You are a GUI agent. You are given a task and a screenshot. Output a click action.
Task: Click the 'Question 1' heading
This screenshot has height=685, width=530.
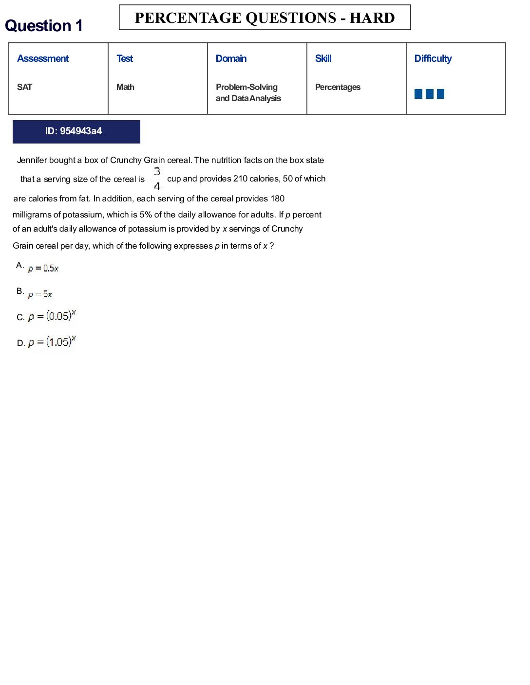coord(44,26)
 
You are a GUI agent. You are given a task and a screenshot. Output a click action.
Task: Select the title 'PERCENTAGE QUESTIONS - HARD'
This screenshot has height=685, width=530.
coord(265,18)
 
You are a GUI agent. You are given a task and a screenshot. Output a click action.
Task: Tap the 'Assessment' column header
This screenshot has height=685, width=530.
coord(43,58)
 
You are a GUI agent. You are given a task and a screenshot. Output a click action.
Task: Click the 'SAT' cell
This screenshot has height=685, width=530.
coord(24,87)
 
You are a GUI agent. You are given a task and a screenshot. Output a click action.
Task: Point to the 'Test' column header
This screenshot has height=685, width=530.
coord(125,58)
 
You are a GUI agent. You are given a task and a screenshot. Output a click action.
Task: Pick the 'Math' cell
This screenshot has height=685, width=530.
coord(125,87)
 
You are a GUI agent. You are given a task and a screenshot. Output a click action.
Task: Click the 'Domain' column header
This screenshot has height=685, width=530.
coord(231,58)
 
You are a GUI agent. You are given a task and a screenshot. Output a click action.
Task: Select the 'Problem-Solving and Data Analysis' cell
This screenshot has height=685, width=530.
coord(248,92)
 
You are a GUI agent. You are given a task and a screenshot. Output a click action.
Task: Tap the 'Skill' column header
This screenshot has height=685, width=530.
coord(323,58)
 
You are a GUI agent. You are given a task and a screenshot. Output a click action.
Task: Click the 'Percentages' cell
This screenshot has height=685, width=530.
coord(338,87)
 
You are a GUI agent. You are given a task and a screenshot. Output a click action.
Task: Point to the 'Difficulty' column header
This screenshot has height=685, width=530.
coord(433,58)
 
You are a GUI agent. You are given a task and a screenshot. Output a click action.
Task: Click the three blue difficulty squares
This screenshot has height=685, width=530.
coord(429,94)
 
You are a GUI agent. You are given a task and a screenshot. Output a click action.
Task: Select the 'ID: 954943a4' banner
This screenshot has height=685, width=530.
coord(76,131)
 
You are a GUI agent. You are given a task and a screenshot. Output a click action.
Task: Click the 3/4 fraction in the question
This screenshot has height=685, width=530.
coord(157,179)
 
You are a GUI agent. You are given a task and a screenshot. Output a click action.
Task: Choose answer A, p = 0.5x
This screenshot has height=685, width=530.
coord(43,268)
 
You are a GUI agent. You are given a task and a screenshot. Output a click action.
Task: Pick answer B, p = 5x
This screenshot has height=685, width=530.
coord(40,294)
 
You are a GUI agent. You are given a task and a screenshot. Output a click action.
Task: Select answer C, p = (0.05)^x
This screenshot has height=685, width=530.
coord(52,316)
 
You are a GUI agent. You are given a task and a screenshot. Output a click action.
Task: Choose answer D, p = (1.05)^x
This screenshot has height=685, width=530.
coord(52,342)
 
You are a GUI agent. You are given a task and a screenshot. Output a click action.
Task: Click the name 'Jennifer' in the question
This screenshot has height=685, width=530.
coord(32,160)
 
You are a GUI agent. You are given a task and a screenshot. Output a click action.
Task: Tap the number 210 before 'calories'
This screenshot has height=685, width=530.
coord(240,179)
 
